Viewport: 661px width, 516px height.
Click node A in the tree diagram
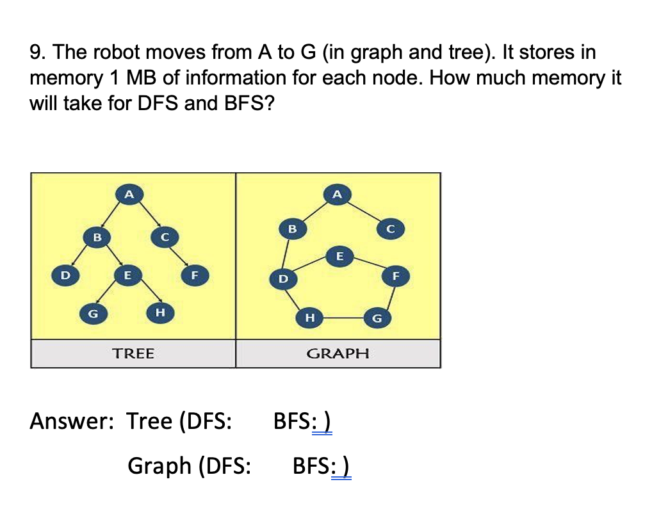[x=129, y=194]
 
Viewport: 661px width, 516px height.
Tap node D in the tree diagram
[x=63, y=275]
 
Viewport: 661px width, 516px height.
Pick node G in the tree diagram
[x=93, y=314]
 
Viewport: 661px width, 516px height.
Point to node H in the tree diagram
[x=160, y=312]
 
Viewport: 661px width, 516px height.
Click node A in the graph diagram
[x=338, y=194]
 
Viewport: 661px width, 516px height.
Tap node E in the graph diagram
[x=339, y=255]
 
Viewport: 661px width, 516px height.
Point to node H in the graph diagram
[x=310, y=318]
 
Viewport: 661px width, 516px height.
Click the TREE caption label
[x=133, y=353]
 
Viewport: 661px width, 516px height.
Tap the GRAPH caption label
[x=338, y=353]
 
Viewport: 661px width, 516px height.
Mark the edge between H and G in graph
[x=343, y=318]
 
